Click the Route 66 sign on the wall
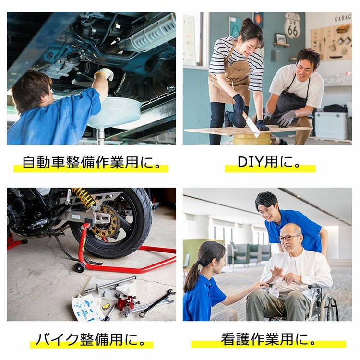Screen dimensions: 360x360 [293, 25]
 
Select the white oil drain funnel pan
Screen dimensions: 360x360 [114, 112]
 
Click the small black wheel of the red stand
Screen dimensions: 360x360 [80, 267]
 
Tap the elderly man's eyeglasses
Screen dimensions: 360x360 [289, 238]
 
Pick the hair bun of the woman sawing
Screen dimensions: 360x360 [248, 22]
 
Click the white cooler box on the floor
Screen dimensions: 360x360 [331, 125]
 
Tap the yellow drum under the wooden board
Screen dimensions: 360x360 [252, 139]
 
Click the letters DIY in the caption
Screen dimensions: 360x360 [250, 162]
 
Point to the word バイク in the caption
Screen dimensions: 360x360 [58, 339]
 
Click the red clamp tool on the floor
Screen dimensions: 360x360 [125, 302]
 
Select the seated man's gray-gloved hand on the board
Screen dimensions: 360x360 [287, 119]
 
